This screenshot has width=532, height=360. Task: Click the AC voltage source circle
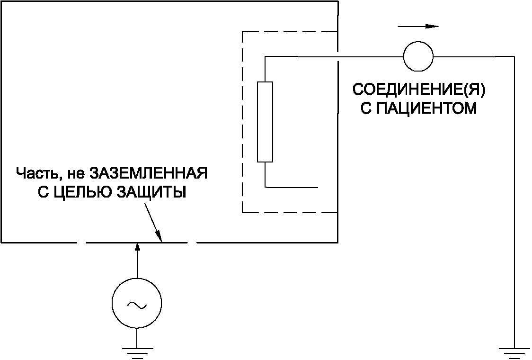(136, 304)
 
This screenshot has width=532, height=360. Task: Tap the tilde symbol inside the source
(136, 305)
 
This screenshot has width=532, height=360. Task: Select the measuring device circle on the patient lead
(418, 56)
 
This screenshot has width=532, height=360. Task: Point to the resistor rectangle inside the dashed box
(265, 122)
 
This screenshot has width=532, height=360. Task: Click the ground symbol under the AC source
(136, 350)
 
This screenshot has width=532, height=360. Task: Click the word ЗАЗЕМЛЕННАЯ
(149, 173)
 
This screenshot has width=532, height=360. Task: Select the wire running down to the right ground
(514, 199)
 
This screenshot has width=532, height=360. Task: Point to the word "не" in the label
(75, 173)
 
